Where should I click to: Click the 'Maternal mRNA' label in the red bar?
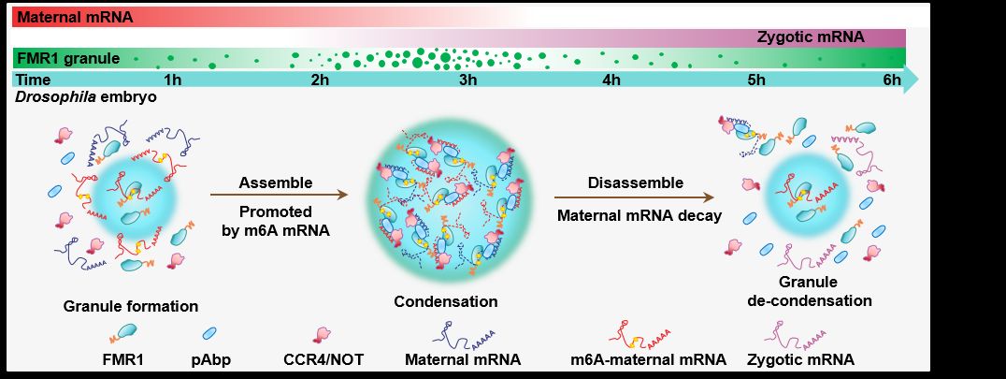pos(74,17)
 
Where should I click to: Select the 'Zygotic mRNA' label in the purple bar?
pos(810,37)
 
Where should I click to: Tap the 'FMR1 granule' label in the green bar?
pos(66,59)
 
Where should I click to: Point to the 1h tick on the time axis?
pos(172,80)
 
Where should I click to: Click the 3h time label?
pos(468,80)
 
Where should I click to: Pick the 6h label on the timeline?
pos(891,80)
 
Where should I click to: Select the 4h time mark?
pos(611,80)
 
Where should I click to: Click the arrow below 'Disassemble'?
pos(636,197)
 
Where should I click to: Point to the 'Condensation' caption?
pos(445,301)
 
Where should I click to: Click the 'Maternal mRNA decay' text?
pos(636,214)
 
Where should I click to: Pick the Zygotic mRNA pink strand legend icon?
pos(799,333)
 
